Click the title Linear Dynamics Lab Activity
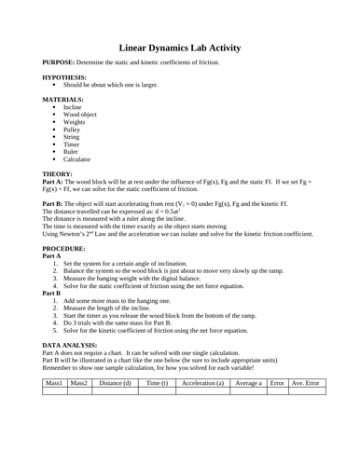point(180,46)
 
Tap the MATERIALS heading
point(63,99)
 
